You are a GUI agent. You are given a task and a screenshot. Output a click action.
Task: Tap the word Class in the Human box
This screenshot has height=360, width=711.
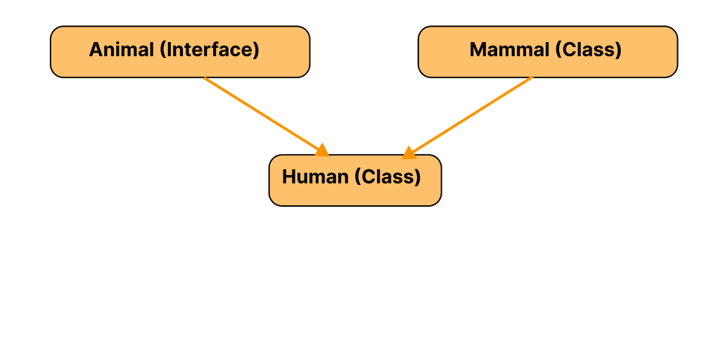387,176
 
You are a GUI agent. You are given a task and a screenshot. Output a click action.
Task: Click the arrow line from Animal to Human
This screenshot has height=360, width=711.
263,113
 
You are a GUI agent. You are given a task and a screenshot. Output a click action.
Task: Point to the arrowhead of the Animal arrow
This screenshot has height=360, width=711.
323,150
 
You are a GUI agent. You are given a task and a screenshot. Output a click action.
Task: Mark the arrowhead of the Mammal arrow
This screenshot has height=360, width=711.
409,153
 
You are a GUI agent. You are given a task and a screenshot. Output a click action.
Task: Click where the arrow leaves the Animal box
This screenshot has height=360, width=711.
205,78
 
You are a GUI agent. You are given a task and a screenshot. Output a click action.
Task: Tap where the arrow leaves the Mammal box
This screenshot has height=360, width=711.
532,78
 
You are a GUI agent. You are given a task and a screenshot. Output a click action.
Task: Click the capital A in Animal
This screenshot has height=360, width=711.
96,50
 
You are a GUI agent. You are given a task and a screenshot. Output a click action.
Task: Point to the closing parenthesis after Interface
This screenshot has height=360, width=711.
256,50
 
